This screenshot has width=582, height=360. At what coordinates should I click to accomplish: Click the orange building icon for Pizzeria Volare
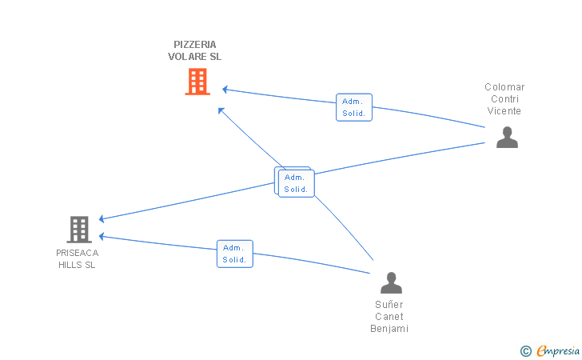click(197, 82)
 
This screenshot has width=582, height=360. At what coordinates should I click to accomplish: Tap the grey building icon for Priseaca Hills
click(79, 230)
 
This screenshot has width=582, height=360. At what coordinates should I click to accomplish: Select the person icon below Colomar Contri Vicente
click(507, 137)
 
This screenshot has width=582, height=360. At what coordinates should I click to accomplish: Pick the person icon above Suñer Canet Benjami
click(391, 282)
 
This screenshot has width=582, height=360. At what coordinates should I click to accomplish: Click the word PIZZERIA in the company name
click(195, 45)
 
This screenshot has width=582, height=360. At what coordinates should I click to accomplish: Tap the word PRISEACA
click(78, 253)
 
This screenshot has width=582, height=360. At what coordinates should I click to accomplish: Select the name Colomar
click(504, 87)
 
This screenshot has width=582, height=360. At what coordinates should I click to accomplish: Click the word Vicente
click(504, 111)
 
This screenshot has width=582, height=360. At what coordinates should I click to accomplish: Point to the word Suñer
click(389, 305)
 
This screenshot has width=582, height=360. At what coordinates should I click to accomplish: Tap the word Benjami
click(389, 329)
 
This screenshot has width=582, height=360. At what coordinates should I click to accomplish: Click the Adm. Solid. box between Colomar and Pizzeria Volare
click(354, 107)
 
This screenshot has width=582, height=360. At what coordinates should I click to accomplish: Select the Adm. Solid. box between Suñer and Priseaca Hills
click(235, 254)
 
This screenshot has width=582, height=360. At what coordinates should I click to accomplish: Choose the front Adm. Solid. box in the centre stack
click(296, 183)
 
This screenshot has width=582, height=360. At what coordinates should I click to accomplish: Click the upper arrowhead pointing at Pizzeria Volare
click(225, 89)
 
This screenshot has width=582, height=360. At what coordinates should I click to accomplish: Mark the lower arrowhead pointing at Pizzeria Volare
click(221, 110)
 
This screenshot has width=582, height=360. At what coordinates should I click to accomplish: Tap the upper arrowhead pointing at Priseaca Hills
click(102, 219)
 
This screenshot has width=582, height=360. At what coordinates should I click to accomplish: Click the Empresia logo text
click(558, 350)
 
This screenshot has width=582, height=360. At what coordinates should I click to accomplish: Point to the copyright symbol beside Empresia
click(526, 351)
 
